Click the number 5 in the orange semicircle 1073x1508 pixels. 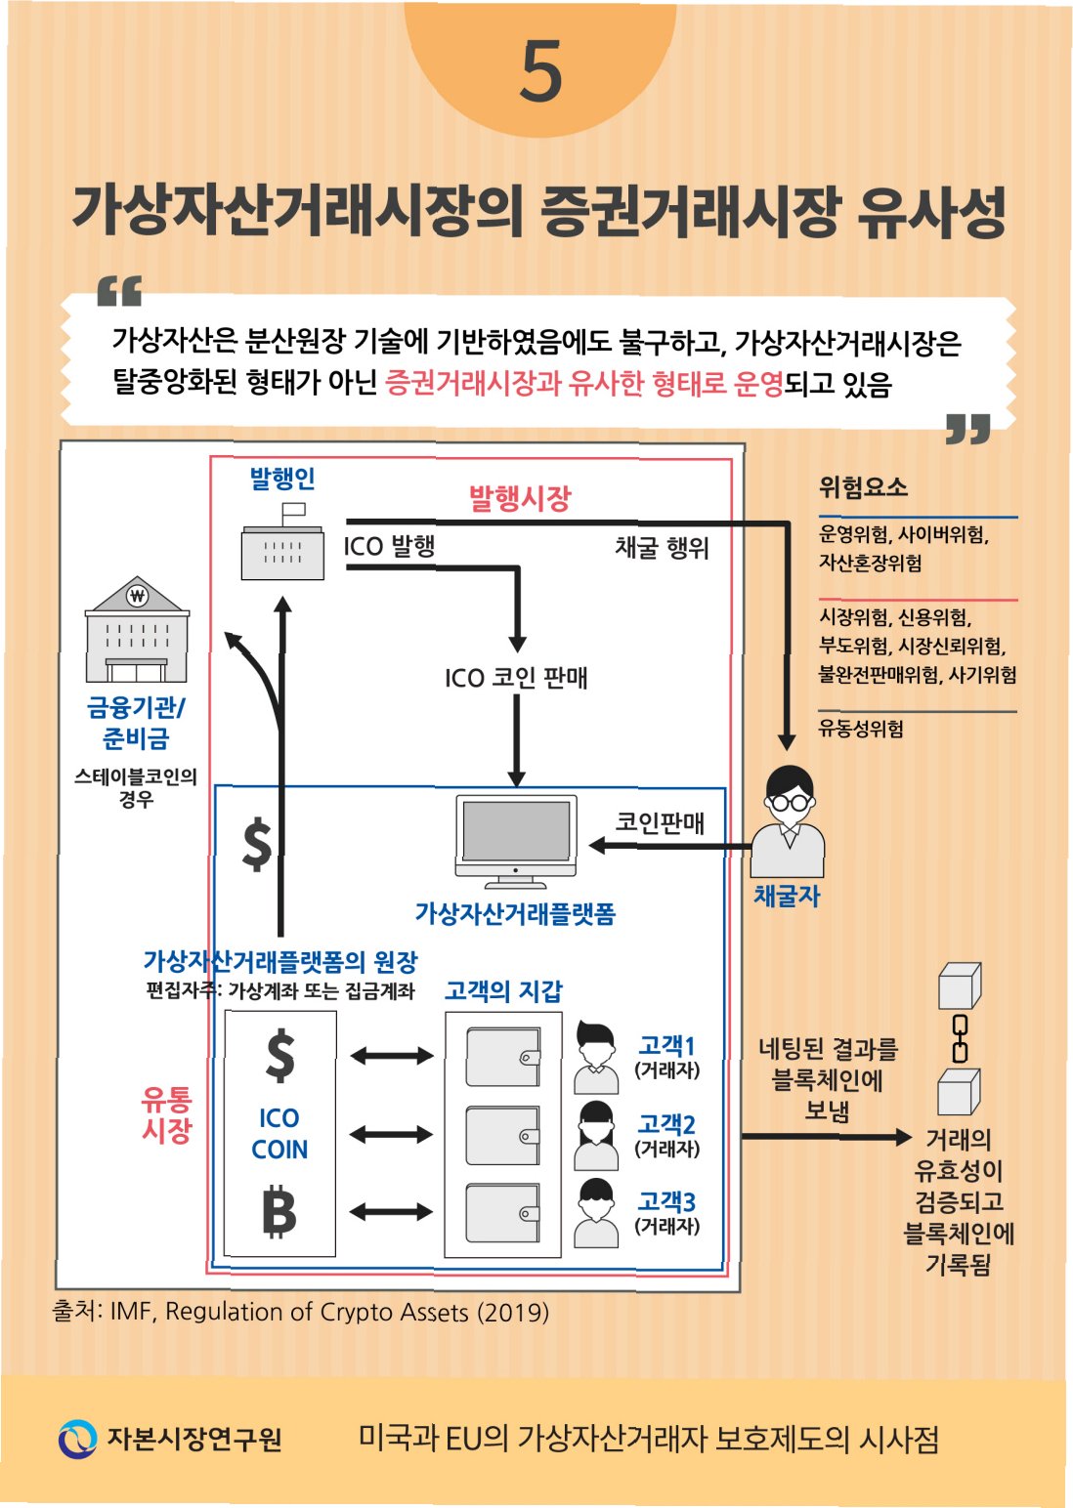pyautogui.click(x=540, y=71)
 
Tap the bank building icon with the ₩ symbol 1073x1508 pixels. pyautogui.click(x=137, y=630)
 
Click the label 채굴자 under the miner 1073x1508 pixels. pyautogui.click(x=787, y=896)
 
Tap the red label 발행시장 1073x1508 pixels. pyautogui.click(x=519, y=499)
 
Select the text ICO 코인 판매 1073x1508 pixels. pyautogui.click(x=516, y=677)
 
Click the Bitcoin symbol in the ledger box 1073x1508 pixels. pyautogui.click(x=279, y=1212)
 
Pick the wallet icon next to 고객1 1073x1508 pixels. pyautogui.click(x=503, y=1057)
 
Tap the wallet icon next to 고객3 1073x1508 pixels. pyautogui.click(x=503, y=1212)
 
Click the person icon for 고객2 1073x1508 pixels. pyautogui.click(x=596, y=1135)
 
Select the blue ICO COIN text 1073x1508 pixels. pyautogui.click(x=279, y=1134)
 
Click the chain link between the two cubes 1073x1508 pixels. pyautogui.click(x=961, y=1037)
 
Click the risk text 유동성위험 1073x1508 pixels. pyautogui.click(x=861, y=729)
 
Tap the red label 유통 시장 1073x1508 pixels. pyautogui.click(x=166, y=1115)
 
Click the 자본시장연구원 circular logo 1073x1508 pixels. pyautogui.click(x=77, y=1439)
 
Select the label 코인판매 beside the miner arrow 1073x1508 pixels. pyautogui.click(x=660, y=822)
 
